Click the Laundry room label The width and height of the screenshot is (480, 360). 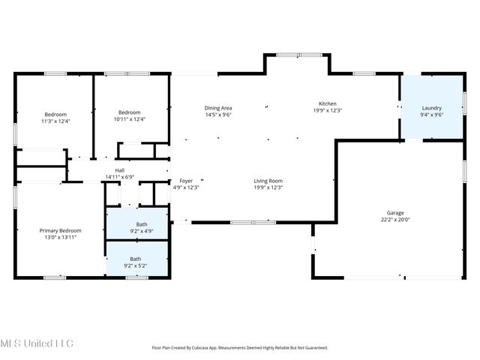(x=431, y=107)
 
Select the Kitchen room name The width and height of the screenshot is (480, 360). (x=328, y=103)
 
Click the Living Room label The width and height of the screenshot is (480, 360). (x=268, y=181)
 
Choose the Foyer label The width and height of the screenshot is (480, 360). (x=186, y=181)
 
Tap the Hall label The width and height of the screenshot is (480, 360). (x=120, y=170)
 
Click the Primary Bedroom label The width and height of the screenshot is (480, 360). (x=60, y=230)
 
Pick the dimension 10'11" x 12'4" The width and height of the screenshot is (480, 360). (x=129, y=119)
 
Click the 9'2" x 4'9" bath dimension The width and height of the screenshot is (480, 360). (x=136, y=231)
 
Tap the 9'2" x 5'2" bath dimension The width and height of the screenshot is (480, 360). (x=136, y=265)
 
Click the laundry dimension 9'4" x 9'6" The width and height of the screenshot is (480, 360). (x=431, y=115)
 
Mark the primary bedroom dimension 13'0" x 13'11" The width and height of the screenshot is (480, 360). (x=60, y=237)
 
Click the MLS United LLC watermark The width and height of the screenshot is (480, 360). (x=37, y=343)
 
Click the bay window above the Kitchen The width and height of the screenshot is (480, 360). (x=297, y=55)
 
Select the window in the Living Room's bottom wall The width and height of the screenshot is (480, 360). (x=253, y=222)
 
